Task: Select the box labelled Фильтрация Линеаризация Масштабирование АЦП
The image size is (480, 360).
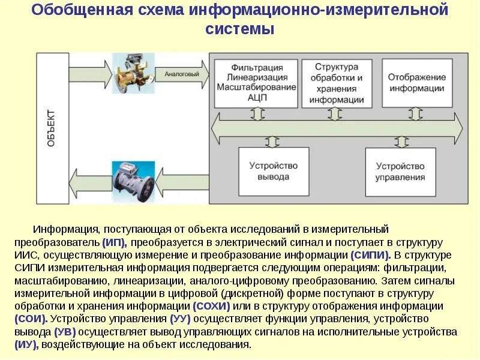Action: tap(256, 83)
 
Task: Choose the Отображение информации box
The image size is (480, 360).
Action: tap(416, 83)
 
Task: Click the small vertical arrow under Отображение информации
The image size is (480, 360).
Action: tap(413, 114)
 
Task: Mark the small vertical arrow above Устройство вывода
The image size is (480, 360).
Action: tap(273, 141)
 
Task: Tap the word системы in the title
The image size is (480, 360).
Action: tap(239, 28)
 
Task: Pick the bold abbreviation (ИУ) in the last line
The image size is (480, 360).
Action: tap(27, 344)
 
